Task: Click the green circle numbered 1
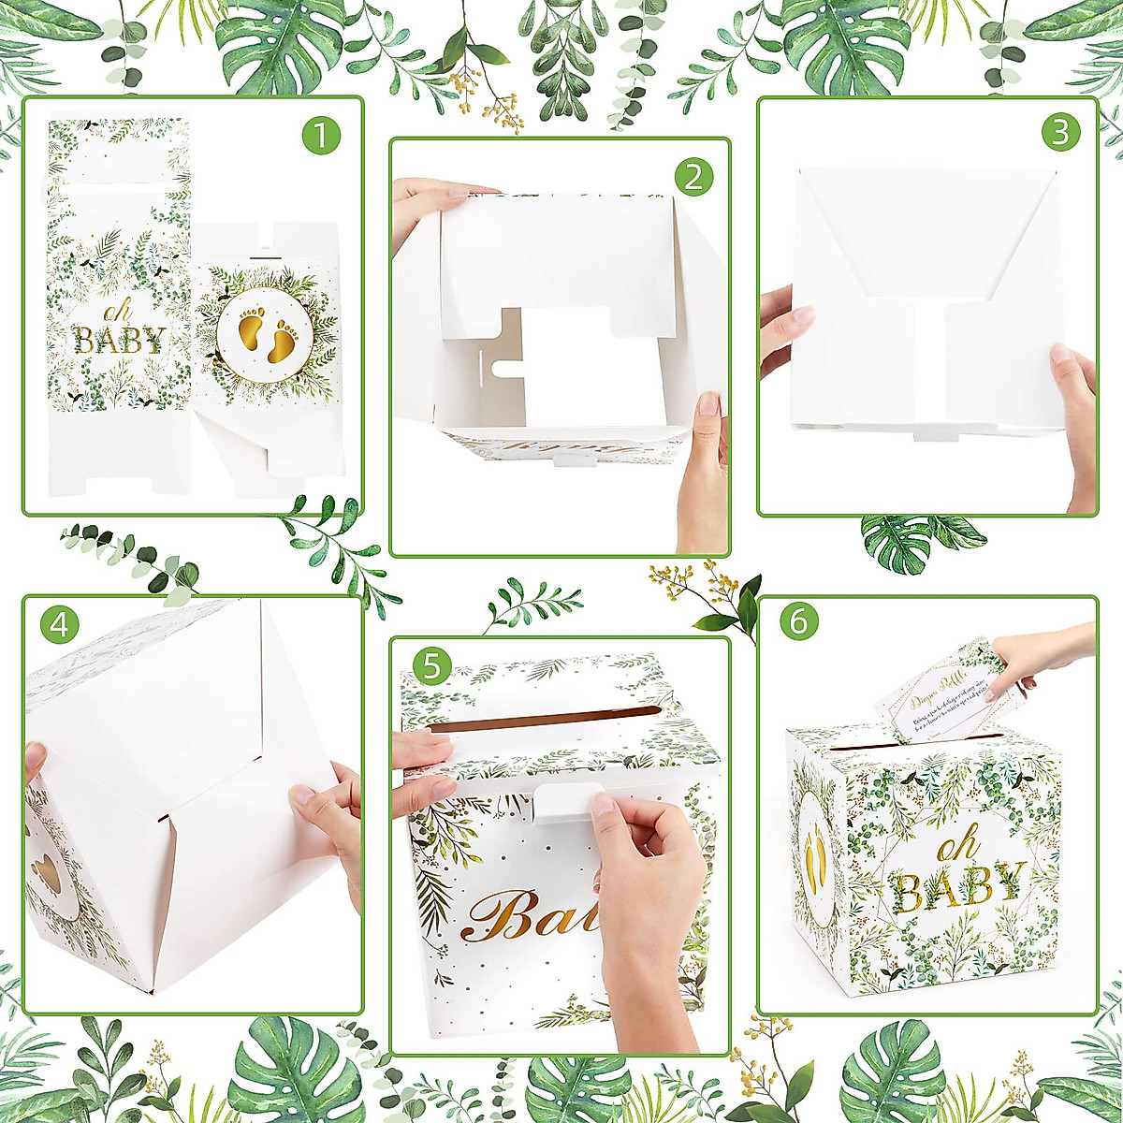(x=321, y=137)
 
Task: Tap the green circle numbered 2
(x=693, y=177)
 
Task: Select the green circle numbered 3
(x=1059, y=132)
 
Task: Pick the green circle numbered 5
(x=431, y=666)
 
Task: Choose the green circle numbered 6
(x=797, y=621)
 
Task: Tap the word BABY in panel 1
(x=121, y=341)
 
